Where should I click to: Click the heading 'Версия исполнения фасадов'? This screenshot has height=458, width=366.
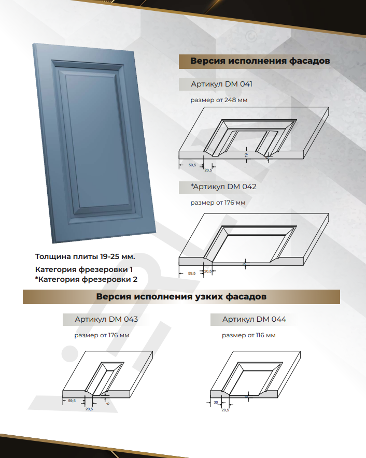point(260,61)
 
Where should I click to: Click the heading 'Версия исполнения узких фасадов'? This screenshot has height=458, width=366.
point(181,297)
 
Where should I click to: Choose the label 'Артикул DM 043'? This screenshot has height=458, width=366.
point(106,320)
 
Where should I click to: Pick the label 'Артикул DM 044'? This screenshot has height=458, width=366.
point(254,320)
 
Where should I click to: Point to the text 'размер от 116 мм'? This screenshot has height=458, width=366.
point(248,335)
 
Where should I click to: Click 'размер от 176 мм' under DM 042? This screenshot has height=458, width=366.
point(218,203)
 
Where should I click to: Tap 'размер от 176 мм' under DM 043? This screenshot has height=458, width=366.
point(102,335)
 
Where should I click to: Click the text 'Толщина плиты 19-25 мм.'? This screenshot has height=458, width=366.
point(85,256)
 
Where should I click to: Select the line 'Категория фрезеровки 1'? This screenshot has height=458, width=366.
point(84,269)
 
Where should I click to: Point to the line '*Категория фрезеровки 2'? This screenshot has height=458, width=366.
point(86,280)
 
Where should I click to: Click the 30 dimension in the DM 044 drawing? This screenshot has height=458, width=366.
point(215,403)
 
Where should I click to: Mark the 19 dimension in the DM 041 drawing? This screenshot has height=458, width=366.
point(246,155)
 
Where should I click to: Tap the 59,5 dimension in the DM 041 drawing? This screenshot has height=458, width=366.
point(192,165)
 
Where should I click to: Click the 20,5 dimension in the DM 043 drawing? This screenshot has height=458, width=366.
point(89,409)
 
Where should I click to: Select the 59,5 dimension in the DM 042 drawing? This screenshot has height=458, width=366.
point(191,273)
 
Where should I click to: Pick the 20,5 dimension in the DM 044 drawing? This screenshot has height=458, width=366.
point(225,410)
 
